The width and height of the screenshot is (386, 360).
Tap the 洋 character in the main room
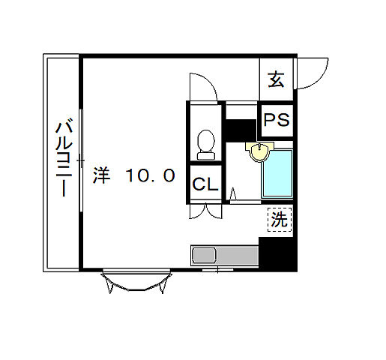coord(103,176)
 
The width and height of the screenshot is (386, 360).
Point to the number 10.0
coord(150,176)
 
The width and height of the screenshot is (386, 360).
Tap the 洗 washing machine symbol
coord(279,220)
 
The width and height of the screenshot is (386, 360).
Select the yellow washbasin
coord(259,152)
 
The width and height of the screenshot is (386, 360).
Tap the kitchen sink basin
coord(204,256)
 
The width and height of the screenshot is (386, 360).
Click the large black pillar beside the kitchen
coord(277,254)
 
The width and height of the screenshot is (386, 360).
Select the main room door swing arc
coord(201,86)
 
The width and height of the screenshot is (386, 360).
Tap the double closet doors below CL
coord(205,211)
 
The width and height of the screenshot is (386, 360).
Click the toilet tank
coord(205,154)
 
